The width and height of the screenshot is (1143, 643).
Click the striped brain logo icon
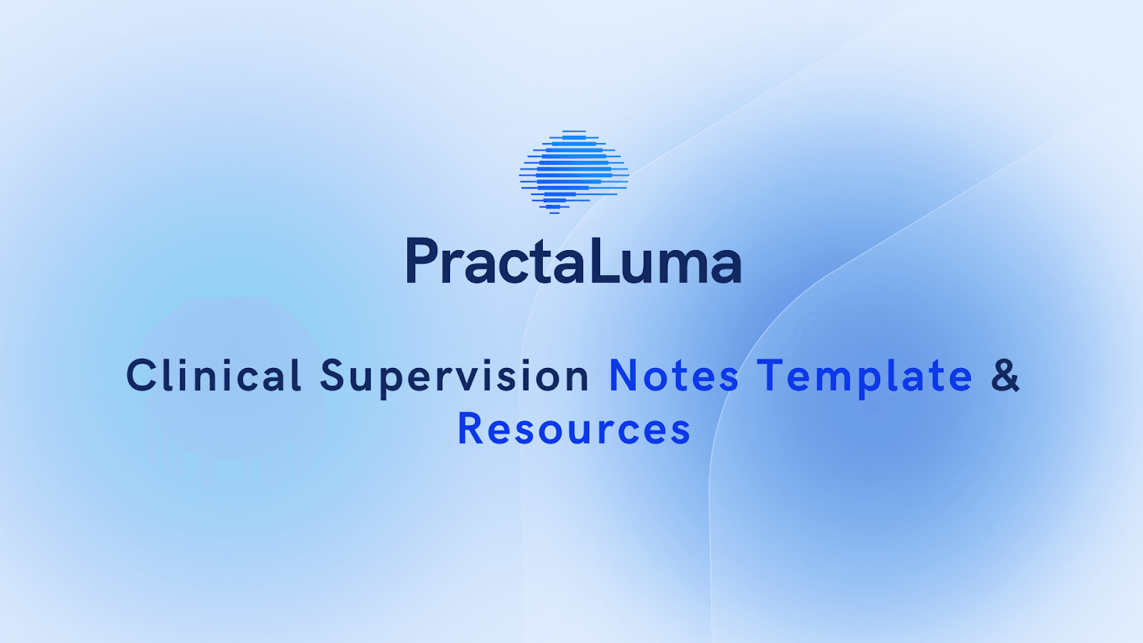(574, 172)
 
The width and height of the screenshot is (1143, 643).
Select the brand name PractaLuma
(574, 261)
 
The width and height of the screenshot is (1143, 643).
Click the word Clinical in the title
(214, 376)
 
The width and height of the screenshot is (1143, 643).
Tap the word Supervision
(454, 377)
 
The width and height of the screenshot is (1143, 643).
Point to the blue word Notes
(674, 377)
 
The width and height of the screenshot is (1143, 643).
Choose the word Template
(865, 377)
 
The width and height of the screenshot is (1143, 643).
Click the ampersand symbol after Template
(1005, 376)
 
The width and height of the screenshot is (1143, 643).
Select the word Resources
(574, 429)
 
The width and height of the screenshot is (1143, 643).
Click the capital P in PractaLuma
(421, 261)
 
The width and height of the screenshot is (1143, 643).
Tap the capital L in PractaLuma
(602, 261)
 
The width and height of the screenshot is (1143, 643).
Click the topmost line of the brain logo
(574, 131)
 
